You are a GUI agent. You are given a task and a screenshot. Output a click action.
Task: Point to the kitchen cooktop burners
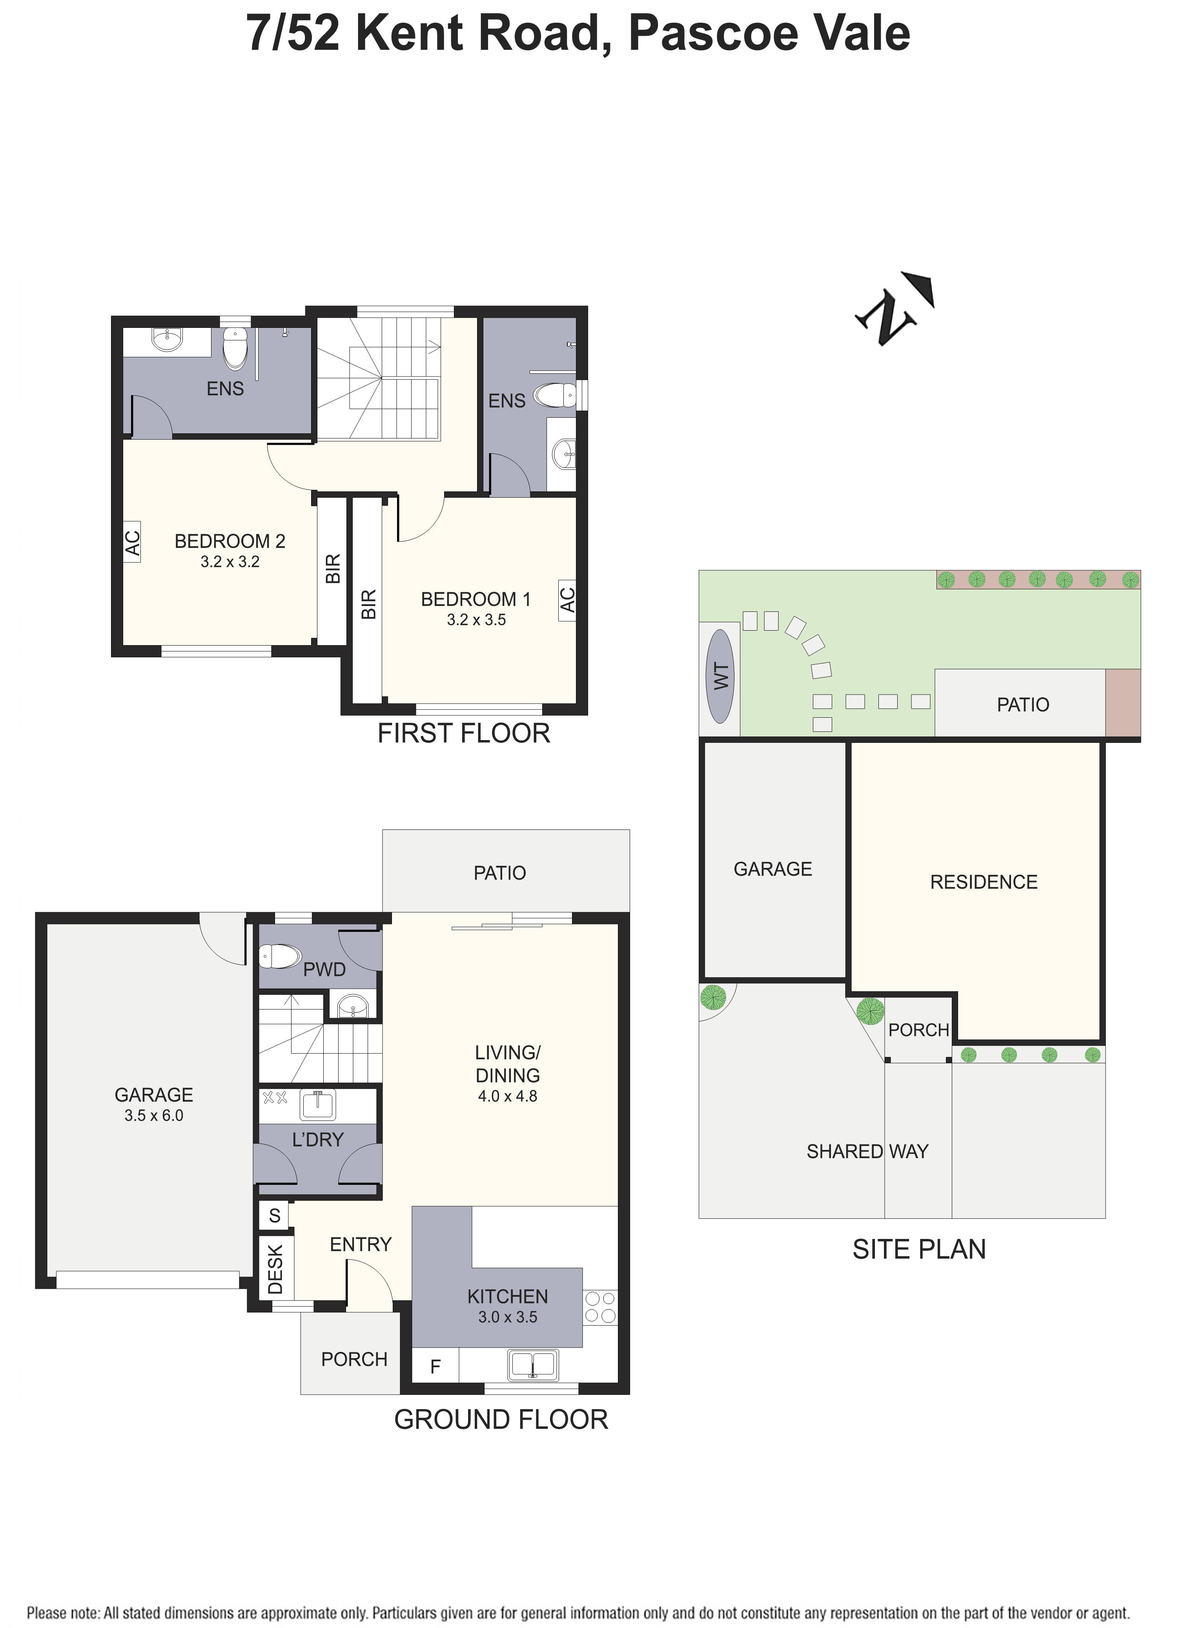600,1306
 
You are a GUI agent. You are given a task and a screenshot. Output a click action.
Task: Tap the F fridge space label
435,1367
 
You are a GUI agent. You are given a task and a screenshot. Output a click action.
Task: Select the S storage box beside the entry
274,1215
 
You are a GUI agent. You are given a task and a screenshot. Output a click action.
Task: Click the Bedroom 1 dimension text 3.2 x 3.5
476,620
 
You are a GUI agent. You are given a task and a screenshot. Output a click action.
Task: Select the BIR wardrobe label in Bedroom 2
332,569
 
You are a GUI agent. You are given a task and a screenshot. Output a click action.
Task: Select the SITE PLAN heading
918,1249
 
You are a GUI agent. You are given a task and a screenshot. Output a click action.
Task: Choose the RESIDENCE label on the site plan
983,882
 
